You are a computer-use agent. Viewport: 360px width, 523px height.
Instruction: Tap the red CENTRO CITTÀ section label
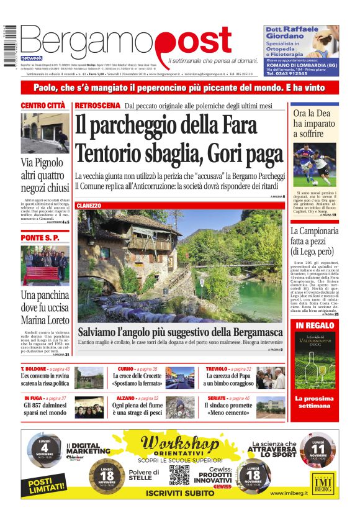(x=44, y=106)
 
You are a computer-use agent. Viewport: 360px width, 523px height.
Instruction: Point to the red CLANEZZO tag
(x=89, y=205)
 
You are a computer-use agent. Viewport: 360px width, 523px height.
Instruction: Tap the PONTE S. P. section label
(x=40, y=238)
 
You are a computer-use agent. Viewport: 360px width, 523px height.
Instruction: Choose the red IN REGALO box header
(x=315, y=325)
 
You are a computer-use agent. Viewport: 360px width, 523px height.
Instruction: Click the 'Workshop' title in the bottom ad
(x=179, y=445)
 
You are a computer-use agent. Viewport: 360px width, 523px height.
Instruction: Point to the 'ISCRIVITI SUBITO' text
(x=180, y=493)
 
